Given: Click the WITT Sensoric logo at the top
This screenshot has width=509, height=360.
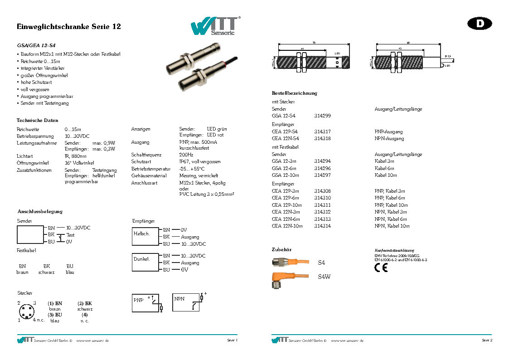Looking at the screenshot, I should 215,26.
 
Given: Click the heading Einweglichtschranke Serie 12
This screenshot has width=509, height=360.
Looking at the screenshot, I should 68,27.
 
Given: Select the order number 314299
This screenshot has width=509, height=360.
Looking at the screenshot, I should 322,116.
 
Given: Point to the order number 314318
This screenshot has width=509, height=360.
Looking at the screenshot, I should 322,139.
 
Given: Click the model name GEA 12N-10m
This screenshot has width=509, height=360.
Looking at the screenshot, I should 287,226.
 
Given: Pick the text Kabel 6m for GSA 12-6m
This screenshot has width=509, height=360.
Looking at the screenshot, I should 384,168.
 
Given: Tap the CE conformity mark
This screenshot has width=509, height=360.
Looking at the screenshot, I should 381,268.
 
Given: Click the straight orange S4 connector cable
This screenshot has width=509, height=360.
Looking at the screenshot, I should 290,262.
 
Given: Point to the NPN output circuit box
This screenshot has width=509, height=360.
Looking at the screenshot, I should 187,302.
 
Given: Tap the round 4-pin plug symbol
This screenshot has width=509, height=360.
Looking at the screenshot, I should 26,311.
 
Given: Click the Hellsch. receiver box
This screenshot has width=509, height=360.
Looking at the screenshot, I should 145,236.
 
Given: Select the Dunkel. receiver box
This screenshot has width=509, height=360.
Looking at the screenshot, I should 145,262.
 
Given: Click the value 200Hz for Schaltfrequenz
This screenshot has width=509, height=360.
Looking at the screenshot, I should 186,155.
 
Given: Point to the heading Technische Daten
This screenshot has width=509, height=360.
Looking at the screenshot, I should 38,121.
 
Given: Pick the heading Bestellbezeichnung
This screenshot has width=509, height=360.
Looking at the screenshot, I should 295,93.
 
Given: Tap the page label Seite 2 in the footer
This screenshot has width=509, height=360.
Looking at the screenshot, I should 487,340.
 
